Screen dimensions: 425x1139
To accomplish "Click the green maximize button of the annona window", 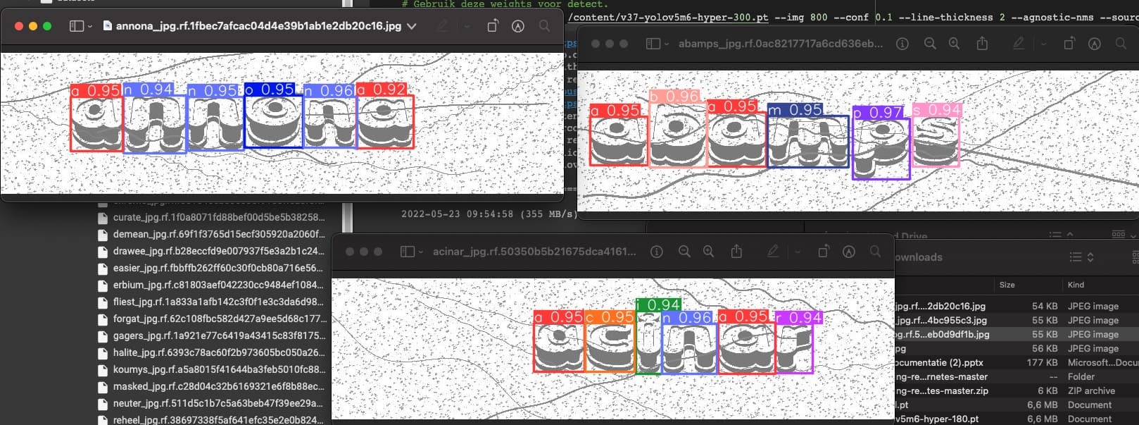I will click(x=47, y=26).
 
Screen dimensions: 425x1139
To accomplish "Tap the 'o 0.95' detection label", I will click(x=270, y=90).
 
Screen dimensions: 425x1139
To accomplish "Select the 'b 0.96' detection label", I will click(x=674, y=97).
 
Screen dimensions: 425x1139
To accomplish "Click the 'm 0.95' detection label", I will click(x=795, y=110).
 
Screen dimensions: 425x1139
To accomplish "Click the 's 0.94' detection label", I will click(x=936, y=110).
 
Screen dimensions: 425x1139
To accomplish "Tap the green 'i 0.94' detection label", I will click(x=658, y=304).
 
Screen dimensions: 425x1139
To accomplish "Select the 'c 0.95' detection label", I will click(x=610, y=317).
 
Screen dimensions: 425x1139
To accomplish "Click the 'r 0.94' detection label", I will click(x=799, y=318).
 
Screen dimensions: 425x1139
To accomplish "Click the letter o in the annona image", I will click(x=273, y=122).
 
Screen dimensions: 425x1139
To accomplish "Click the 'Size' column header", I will click(x=1007, y=285).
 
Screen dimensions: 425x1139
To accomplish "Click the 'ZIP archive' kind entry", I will click(x=1091, y=390).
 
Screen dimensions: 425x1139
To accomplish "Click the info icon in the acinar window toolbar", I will click(x=657, y=252).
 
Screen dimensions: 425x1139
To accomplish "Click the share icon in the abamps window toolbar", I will click(x=982, y=44).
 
